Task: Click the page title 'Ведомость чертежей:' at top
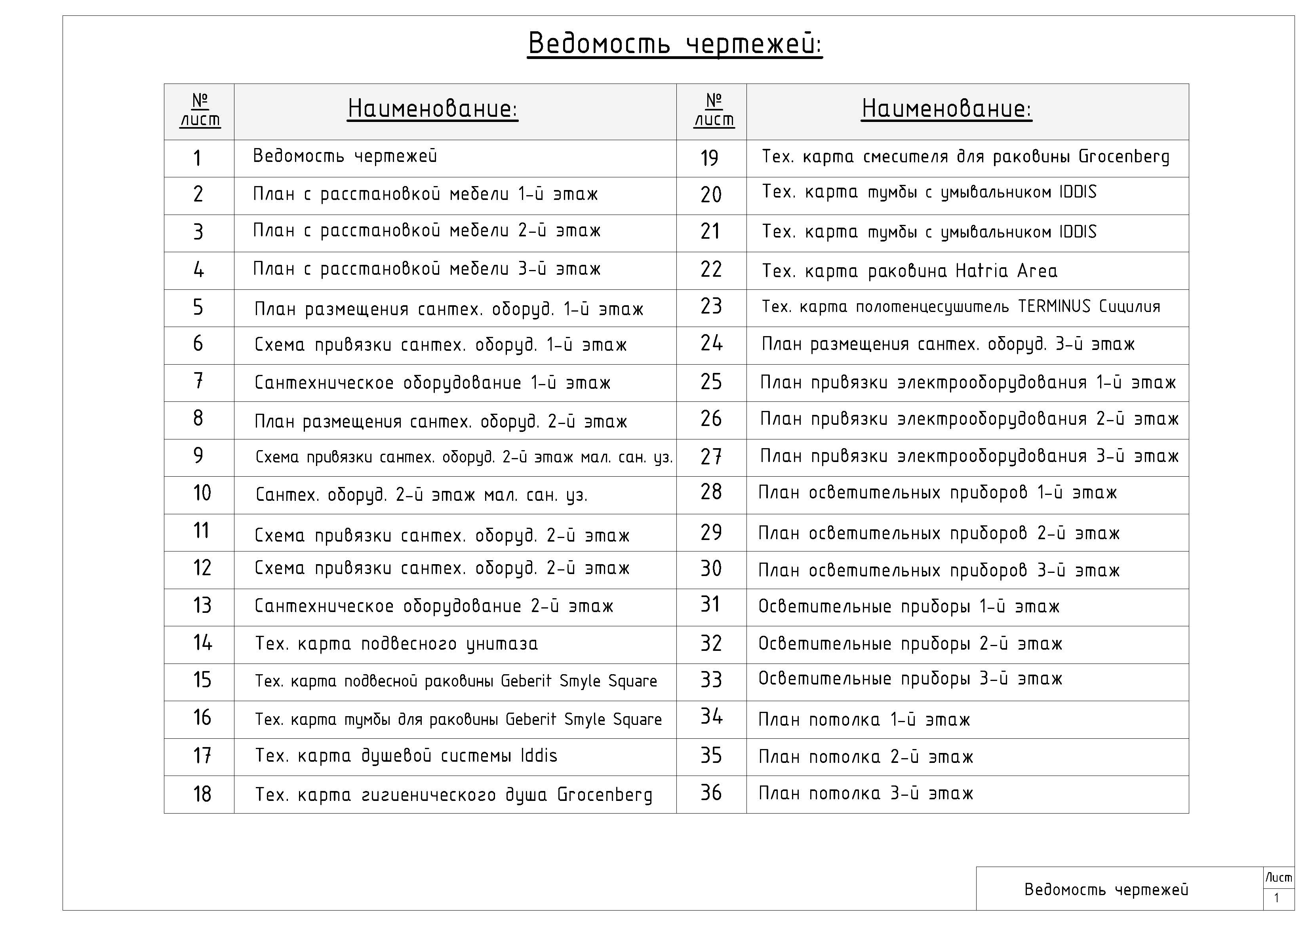pos(674,44)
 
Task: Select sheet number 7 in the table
pos(198,381)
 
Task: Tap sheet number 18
pos(202,794)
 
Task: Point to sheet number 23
pos(711,306)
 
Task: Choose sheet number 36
pos(711,793)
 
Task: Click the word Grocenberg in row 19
pos(1123,157)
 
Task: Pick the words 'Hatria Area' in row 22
pos(1007,271)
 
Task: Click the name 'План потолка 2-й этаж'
pos(866,757)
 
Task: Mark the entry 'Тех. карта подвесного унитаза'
pos(396,644)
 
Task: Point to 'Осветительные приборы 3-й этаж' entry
pos(910,679)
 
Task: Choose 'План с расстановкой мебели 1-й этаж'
pos(425,194)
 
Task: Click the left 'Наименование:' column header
pos(432,108)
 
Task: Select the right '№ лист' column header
pos(714,110)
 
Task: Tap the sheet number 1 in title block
pos(1276,898)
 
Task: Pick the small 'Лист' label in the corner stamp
pos(1279,878)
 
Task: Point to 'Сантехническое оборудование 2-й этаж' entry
pos(434,606)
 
